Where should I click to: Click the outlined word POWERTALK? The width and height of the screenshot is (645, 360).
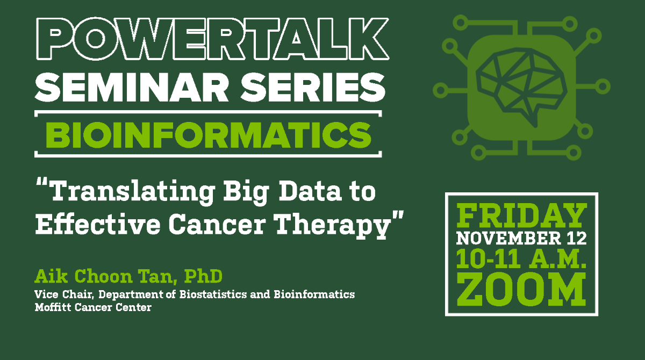(x=212, y=39)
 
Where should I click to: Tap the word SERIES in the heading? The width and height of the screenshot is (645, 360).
(x=313, y=87)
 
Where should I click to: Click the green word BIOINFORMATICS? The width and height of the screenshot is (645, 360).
(x=208, y=135)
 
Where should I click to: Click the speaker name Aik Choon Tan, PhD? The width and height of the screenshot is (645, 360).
(x=128, y=276)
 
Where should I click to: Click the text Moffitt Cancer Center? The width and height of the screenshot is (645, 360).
(x=93, y=307)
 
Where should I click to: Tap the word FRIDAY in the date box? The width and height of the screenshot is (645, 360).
(x=521, y=215)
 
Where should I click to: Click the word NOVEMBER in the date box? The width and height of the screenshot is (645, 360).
(x=508, y=239)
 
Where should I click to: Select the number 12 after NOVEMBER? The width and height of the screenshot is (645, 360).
(x=577, y=239)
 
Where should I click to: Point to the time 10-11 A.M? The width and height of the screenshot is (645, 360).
(x=521, y=260)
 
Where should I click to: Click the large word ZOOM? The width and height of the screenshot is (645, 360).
(x=521, y=290)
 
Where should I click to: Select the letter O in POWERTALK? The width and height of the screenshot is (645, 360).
(x=95, y=39)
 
